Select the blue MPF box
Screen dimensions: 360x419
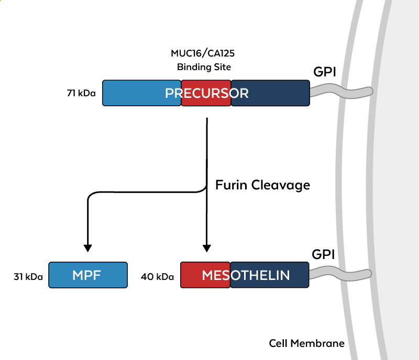tap(88, 275)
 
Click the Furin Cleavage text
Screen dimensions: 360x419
tap(263, 185)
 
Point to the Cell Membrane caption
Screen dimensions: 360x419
tap(307, 344)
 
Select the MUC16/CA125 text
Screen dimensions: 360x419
tap(204, 53)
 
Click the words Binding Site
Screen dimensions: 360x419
tap(204, 67)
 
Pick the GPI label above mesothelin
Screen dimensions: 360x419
tap(323, 255)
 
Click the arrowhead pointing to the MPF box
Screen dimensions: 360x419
tap(88, 246)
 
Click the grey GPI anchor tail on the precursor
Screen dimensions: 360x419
tap(340, 92)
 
